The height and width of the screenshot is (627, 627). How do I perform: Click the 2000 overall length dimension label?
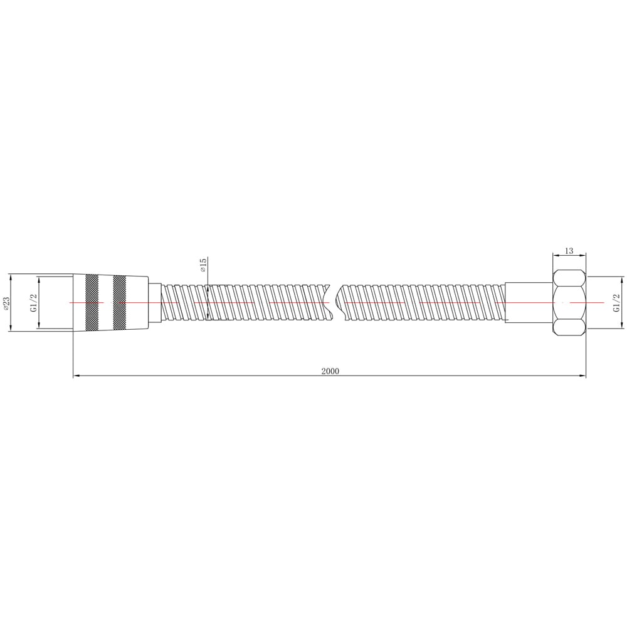(x=330, y=371)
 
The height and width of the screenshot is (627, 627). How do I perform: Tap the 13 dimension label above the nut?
(x=569, y=251)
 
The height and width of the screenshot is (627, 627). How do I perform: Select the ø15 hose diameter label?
(x=203, y=265)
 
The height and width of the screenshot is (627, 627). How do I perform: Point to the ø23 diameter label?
(x=6, y=303)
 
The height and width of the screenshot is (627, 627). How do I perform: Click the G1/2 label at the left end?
(x=34, y=303)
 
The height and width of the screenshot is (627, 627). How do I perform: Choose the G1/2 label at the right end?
(x=616, y=303)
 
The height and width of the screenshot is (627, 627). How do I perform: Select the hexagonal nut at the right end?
(x=569, y=303)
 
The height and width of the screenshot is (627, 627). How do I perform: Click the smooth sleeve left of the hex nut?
(x=529, y=303)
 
